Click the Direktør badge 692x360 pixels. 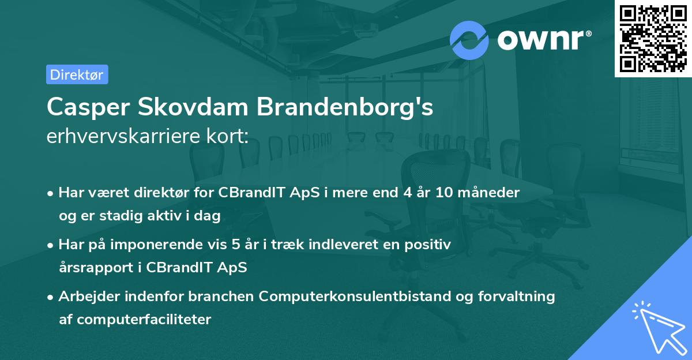77,74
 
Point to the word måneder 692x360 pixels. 491,193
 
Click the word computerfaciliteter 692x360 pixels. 142,319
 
